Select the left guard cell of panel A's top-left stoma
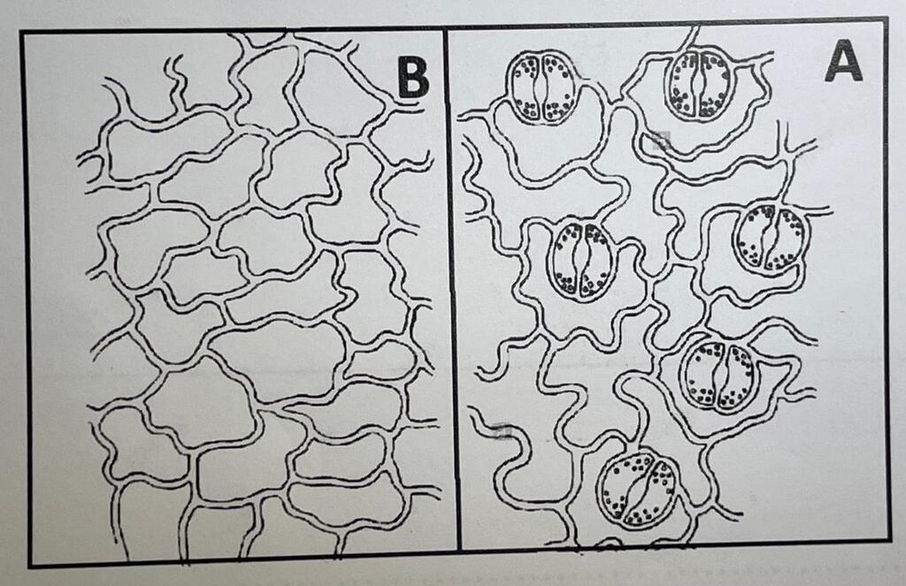click(525, 87)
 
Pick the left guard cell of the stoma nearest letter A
click(682, 85)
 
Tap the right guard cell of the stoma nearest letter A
click(717, 85)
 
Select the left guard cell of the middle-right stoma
click(752, 237)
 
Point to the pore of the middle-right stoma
click(769, 237)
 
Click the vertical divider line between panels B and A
click(452, 289)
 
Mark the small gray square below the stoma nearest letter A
click(660, 139)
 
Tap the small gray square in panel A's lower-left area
click(503, 430)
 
